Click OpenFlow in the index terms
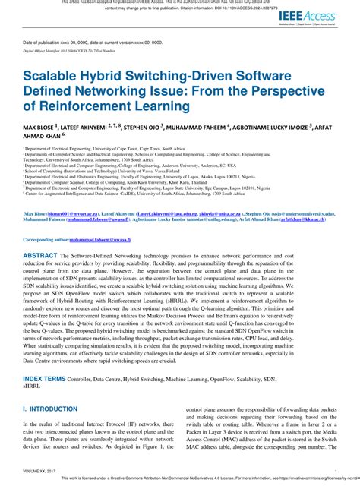point(231,377)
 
